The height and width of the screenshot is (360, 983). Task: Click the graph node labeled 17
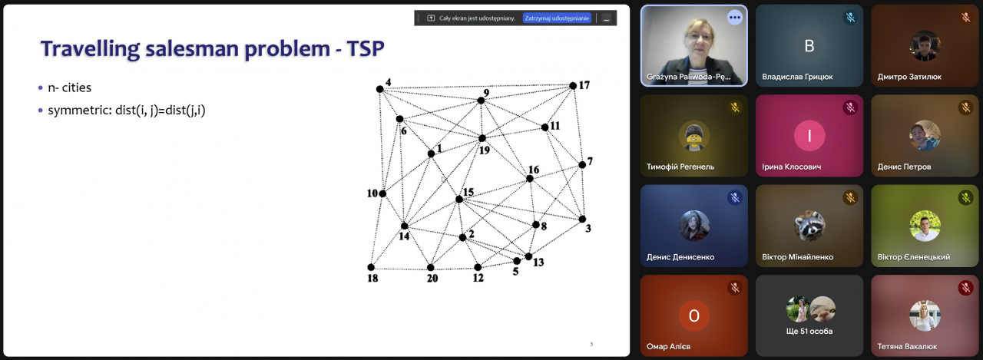click(573, 86)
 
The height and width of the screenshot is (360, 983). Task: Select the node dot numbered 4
click(380, 89)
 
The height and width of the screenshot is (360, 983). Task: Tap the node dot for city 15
click(459, 200)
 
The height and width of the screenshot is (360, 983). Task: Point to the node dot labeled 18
click(371, 267)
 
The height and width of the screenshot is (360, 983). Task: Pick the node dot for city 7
click(582, 165)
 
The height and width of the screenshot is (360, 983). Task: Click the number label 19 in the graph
click(485, 150)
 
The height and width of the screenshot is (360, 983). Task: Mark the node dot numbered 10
click(382, 193)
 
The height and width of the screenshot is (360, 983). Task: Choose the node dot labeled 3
click(582, 220)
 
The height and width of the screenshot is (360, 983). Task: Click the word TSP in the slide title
click(366, 48)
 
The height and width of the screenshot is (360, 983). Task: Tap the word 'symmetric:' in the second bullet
click(80, 110)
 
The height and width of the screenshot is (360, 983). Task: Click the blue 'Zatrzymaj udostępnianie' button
click(557, 18)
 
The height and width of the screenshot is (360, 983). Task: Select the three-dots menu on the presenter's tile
click(735, 18)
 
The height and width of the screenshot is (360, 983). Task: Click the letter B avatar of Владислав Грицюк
click(809, 45)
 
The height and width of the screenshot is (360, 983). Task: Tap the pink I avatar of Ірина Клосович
click(809, 136)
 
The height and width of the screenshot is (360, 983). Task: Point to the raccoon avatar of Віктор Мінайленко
click(809, 226)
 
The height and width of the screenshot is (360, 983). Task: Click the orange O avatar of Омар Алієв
click(693, 315)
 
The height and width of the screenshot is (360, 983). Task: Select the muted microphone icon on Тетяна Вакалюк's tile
click(965, 288)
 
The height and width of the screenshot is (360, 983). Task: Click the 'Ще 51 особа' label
click(809, 331)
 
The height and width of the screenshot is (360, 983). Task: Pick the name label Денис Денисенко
click(680, 257)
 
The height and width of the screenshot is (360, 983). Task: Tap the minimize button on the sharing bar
click(606, 18)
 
